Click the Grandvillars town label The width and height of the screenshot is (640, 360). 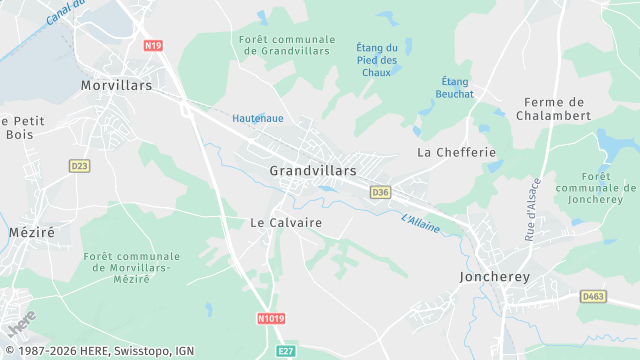312,171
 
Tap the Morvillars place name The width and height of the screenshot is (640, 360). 116,86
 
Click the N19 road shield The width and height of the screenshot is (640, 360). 152,45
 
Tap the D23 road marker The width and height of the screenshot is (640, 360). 79,166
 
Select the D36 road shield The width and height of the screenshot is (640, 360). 380,192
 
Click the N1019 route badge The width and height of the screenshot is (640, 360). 271,319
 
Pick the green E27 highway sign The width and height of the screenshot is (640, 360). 286,351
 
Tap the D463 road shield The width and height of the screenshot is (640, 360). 594,296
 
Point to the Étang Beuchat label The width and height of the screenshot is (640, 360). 456,87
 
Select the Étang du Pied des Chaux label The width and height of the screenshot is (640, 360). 376,60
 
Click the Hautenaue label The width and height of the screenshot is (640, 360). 257,117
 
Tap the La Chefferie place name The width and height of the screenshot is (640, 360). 456,152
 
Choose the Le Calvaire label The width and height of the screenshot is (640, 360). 286,222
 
